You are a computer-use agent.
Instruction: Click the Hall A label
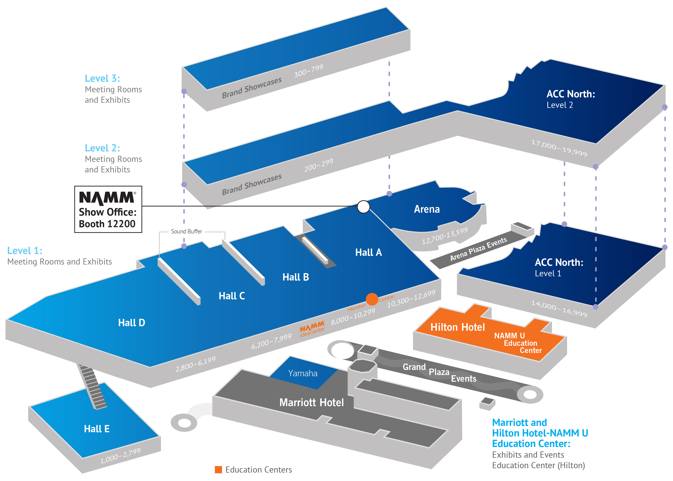[x=368, y=252]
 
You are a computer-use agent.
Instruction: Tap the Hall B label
[x=295, y=277]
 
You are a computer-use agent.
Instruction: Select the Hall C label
[x=232, y=296]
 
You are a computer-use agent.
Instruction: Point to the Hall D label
[x=132, y=323]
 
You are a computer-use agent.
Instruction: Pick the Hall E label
[x=97, y=429]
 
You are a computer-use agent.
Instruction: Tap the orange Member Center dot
[x=372, y=299]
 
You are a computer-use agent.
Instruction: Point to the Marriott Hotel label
[x=311, y=403]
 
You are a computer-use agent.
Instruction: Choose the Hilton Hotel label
[x=458, y=327]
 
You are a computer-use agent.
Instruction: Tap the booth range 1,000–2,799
[x=120, y=456]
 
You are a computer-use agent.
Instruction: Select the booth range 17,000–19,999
[x=559, y=148]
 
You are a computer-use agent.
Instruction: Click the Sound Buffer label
[x=186, y=232]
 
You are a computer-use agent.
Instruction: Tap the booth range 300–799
[x=308, y=71]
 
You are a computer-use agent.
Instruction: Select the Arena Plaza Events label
[x=478, y=249]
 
